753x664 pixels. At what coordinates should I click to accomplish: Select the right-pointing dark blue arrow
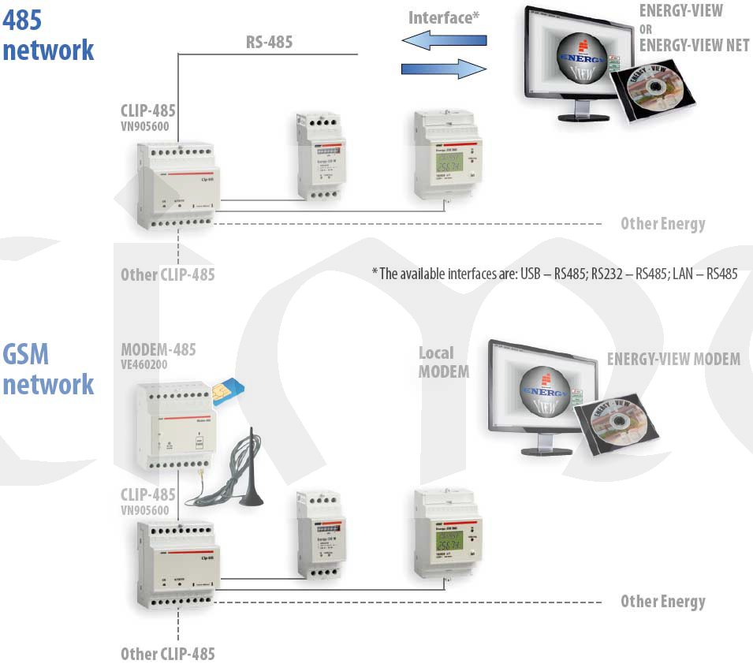click(443, 69)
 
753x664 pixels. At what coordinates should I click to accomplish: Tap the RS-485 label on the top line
click(269, 42)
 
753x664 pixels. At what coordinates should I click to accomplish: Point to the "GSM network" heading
click(47, 369)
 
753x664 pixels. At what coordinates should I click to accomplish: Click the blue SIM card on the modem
click(229, 386)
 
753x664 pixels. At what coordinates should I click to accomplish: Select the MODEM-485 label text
click(158, 349)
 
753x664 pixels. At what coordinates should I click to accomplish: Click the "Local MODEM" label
click(443, 362)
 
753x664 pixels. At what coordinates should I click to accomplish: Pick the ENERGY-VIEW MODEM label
click(673, 360)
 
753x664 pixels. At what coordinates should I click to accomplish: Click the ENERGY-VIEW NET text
click(694, 45)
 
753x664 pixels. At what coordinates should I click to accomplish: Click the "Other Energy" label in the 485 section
click(662, 223)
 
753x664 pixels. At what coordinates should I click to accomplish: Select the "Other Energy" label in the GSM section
click(662, 601)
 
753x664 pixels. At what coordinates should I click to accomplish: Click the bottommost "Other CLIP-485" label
click(167, 654)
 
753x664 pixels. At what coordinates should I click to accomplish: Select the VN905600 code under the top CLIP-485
click(145, 125)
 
